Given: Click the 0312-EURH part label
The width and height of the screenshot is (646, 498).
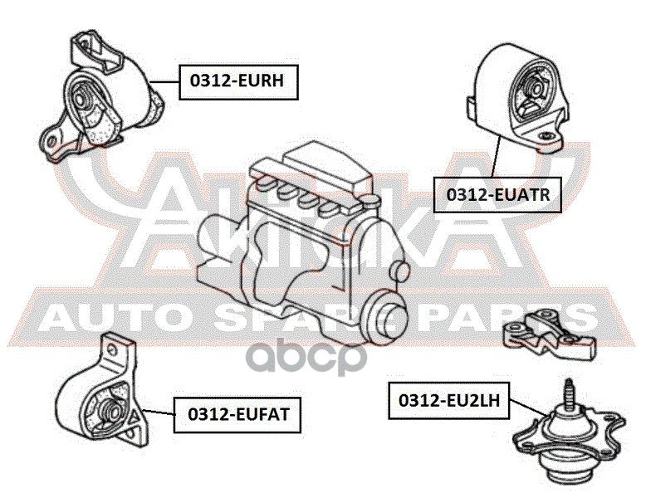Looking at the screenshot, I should [237, 81].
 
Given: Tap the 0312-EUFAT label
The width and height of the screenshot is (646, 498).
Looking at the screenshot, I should [237, 413].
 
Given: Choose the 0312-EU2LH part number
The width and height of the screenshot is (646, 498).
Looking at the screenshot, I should [448, 400].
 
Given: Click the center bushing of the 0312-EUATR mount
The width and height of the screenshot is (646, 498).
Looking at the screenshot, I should [534, 89].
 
